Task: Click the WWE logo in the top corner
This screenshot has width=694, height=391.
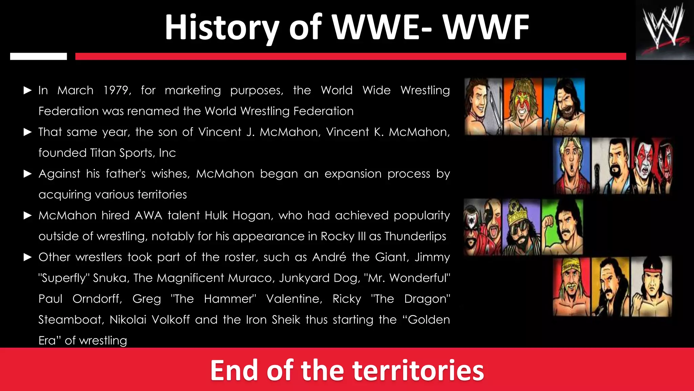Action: (665, 30)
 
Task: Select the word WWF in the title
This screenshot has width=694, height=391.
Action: (486, 28)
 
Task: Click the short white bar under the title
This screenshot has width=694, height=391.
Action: (38, 56)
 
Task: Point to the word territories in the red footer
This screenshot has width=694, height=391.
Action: (418, 370)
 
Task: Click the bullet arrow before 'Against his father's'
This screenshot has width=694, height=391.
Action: (27, 174)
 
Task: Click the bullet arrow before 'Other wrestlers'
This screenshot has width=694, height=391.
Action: (27, 257)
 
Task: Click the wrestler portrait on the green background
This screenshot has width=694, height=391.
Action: (562, 227)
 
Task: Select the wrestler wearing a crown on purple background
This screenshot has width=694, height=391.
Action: (521, 227)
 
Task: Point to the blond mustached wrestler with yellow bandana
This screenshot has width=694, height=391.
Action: (571, 287)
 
